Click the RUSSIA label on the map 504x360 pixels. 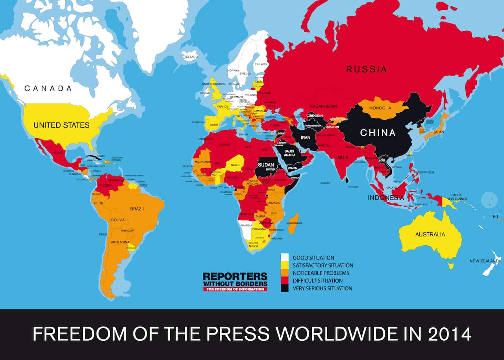tap(366, 69)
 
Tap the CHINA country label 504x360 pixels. tap(377, 133)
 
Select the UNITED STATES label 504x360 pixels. tap(61, 125)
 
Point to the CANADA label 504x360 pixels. tap(48, 88)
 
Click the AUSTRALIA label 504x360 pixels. tap(430, 234)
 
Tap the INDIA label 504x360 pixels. tap(343, 158)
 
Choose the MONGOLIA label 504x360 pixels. tap(380, 108)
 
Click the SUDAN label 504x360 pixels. tap(265, 165)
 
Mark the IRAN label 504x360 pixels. tap(306, 137)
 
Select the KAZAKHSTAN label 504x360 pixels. tap(324, 106)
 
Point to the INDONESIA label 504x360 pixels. tap(386, 197)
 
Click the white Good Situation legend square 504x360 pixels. tap(284, 258)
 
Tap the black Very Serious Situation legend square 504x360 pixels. tap(284, 288)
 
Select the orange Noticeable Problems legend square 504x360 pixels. tap(284, 273)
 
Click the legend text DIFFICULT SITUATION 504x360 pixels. tap(317, 281)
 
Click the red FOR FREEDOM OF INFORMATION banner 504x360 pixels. tap(235, 289)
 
